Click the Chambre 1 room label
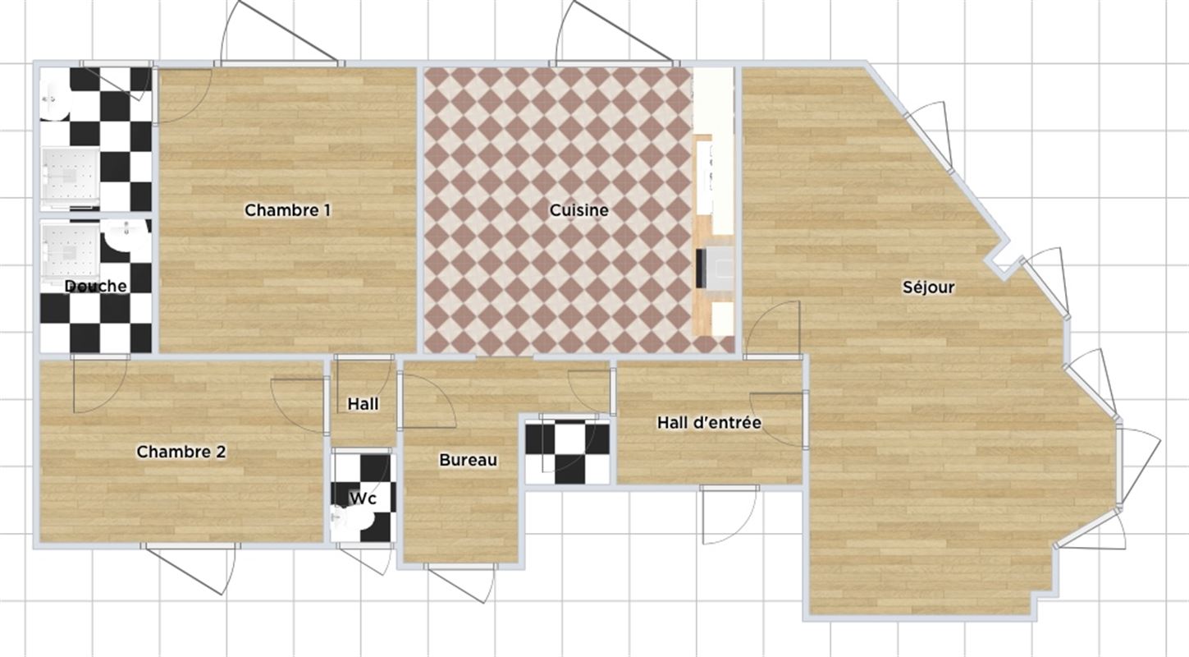[288, 210]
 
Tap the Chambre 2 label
[181, 452]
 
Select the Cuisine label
[579, 210]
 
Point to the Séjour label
[929, 287]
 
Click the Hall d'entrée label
[709, 423]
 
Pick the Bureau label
[469, 460]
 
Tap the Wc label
[363, 498]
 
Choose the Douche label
[95, 287]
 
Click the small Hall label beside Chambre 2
[363, 404]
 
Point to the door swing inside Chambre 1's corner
[184, 96]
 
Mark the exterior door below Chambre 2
[191, 568]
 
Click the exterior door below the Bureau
[460, 583]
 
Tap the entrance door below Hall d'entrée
[729, 514]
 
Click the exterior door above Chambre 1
[280, 33]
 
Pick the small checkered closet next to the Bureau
[568, 452]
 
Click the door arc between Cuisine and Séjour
[772, 329]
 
